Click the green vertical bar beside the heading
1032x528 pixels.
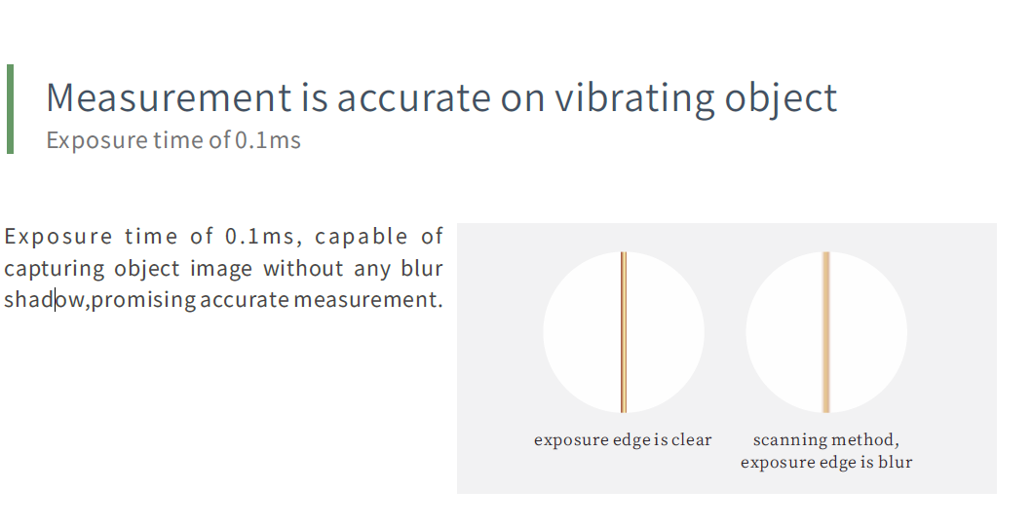(x=10, y=109)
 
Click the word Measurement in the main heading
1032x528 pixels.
(x=169, y=97)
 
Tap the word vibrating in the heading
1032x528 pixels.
(x=634, y=98)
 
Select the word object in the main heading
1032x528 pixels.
(x=781, y=98)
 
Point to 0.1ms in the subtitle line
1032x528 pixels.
(x=268, y=140)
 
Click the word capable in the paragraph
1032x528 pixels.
(x=362, y=237)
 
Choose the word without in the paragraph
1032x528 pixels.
(x=303, y=268)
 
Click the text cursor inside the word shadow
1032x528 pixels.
(x=56, y=299)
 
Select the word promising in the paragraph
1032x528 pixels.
(x=143, y=300)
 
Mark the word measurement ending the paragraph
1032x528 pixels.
(x=365, y=300)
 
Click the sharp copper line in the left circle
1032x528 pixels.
(x=624, y=332)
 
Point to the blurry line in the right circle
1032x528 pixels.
(x=826, y=332)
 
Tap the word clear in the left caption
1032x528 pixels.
(x=691, y=439)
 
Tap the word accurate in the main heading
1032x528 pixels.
(x=414, y=98)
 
